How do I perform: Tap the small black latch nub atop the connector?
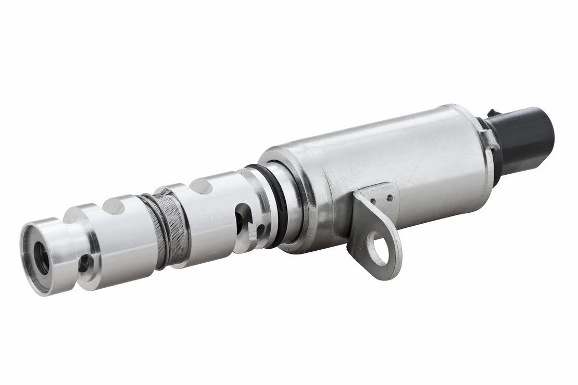[491, 112]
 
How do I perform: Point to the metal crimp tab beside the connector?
[489, 139]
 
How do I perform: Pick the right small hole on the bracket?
[389, 198]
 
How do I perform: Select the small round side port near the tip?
[83, 264]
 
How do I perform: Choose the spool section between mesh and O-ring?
[213, 219]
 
